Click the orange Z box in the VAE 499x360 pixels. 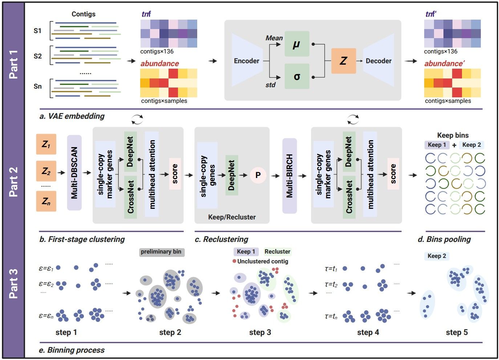tap(343, 61)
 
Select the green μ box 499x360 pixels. tap(297, 44)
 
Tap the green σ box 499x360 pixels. tap(297, 76)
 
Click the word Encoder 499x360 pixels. tap(247, 61)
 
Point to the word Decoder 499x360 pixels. tap(378, 61)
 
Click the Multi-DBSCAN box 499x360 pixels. tap(74, 173)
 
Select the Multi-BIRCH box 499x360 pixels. tap(289, 176)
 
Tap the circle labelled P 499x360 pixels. tap(258, 175)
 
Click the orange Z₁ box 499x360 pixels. tap(46, 144)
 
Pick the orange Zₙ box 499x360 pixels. tap(46, 201)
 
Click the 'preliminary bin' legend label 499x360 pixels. tap(161, 252)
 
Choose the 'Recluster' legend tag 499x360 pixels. tap(277, 251)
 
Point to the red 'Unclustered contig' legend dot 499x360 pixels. tap(235, 261)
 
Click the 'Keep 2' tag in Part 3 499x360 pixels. tap(437, 256)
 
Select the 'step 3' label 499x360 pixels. tap(260, 332)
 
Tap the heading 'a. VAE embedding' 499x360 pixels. tap(72, 116)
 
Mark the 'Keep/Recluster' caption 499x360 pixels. tap(232, 217)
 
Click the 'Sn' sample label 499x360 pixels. tap(38, 86)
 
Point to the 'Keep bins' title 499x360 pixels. tap(453, 135)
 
